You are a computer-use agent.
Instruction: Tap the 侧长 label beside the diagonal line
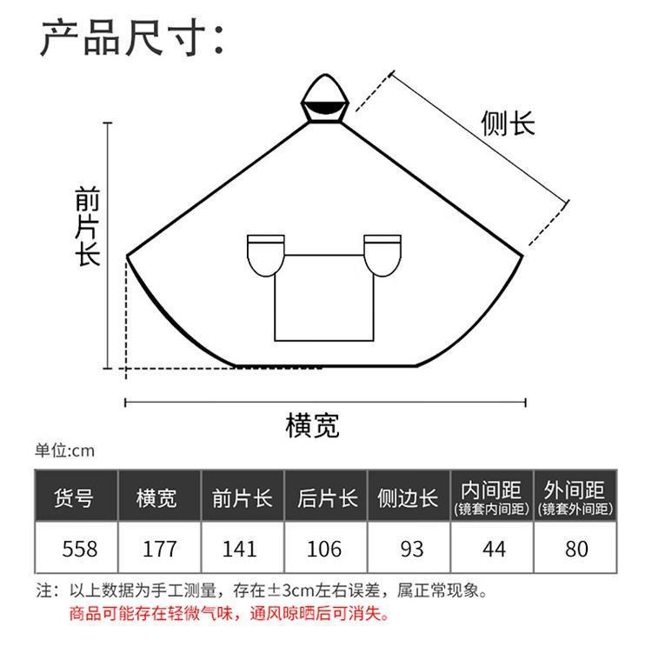pyautogui.click(x=508, y=123)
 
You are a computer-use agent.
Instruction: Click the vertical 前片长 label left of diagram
pyautogui.click(x=87, y=226)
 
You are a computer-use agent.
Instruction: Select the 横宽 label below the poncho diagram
pyautogui.click(x=312, y=425)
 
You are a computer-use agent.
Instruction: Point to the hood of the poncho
pyautogui.click(x=325, y=99)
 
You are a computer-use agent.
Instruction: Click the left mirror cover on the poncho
pyautogui.click(x=266, y=256)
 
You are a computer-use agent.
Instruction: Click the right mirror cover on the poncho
pyautogui.click(x=383, y=256)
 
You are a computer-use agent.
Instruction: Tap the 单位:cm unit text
pyautogui.click(x=65, y=450)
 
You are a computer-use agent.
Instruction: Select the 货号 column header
pyautogui.click(x=74, y=497)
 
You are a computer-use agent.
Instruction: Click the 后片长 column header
pyautogui.click(x=327, y=497)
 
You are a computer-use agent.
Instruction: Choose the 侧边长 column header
pyautogui.click(x=408, y=497)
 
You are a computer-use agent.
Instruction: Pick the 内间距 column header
pyautogui.click(x=491, y=497)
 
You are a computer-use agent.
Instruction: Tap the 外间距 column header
pyautogui.click(x=575, y=497)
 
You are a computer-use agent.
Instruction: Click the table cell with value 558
pyautogui.click(x=79, y=549)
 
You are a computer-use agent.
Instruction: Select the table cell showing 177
pyautogui.click(x=160, y=549)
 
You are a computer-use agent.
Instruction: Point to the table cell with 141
pyautogui.click(x=240, y=549)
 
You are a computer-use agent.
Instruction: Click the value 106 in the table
pyautogui.click(x=324, y=549)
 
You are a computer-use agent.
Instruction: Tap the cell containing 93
pyautogui.click(x=412, y=549)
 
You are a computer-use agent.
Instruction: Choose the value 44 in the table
pyautogui.click(x=494, y=549)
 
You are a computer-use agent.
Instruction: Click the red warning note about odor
pyautogui.click(x=230, y=613)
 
